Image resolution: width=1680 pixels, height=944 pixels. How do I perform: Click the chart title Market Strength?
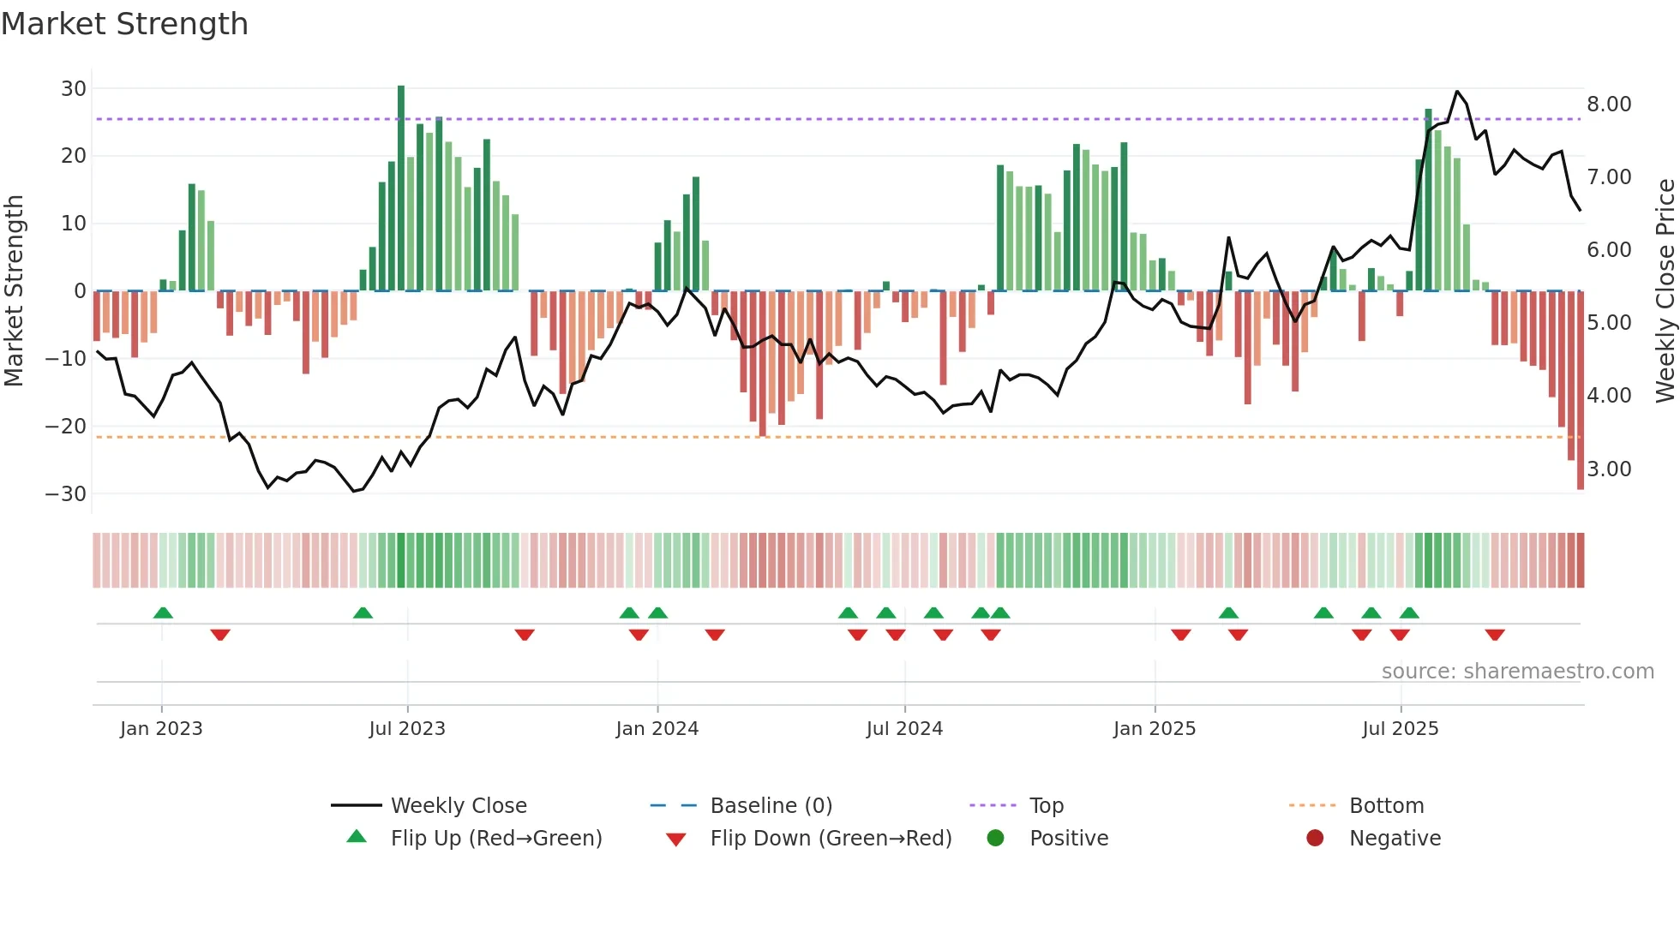tap(124, 24)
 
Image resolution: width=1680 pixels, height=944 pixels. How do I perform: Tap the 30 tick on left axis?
tap(74, 88)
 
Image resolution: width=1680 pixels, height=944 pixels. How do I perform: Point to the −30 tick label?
tap(66, 493)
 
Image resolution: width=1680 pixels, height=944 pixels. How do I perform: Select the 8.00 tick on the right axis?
tap(1609, 105)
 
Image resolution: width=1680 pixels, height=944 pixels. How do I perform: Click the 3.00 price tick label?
tap(1609, 469)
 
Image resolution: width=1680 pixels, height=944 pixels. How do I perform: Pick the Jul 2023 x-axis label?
tap(407, 729)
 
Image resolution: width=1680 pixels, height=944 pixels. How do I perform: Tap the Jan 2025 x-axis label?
tap(1154, 729)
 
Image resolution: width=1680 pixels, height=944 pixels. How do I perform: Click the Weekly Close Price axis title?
tap(1665, 291)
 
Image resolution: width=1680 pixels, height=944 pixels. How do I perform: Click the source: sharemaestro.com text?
tap(1517, 672)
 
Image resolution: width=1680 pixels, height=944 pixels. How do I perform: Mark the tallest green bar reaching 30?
tap(401, 188)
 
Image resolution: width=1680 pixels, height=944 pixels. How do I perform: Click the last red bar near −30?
tap(1581, 390)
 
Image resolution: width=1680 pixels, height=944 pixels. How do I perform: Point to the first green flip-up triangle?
tap(163, 612)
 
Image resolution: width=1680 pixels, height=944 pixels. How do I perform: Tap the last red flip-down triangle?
tap(1495, 635)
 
